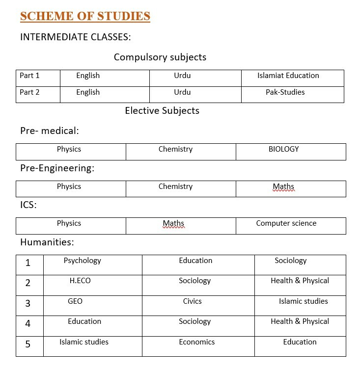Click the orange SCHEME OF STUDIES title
tap(85, 16)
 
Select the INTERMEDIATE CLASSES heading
tap(76, 37)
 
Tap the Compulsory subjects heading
tap(160, 57)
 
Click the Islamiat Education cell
tap(288, 76)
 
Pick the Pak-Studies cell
tap(285, 92)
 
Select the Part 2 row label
tap(29, 92)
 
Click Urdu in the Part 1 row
tap(182, 76)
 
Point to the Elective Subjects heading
tap(162, 110)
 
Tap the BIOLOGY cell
tap(284, 149)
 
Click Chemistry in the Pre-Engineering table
tap(175, 186)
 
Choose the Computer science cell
tap(286, 223)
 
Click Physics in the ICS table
tap(69, 223)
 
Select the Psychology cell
tap(83, 261)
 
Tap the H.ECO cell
tap(80, 281)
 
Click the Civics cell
tap(193, 301)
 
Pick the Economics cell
tap(197, 342)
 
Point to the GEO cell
tap(75, 301)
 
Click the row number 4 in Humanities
tap(28, 323)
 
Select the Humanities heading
tap(47, 242)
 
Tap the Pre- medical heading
tap(50, 131)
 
